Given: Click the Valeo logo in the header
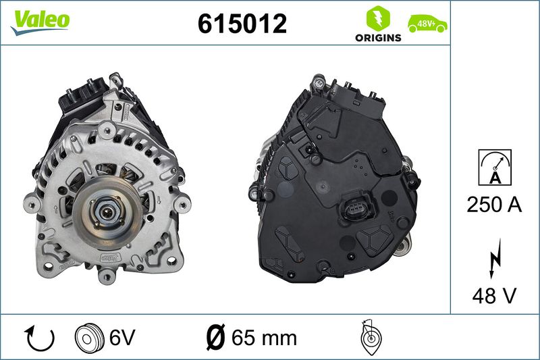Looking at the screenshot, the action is point(40,22).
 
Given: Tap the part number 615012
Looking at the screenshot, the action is point(242,24).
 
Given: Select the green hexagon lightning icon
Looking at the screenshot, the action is point(378,18).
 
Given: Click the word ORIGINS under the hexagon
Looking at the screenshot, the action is point(378,38).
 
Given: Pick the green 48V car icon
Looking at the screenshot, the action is point(427,24).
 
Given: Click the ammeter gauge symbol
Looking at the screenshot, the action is point(495,168).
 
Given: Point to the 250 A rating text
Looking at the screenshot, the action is point(494,205).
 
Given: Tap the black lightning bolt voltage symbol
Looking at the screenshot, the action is point(495,258).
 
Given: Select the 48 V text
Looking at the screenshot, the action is point(494,296).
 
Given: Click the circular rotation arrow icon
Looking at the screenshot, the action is point(40,338).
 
